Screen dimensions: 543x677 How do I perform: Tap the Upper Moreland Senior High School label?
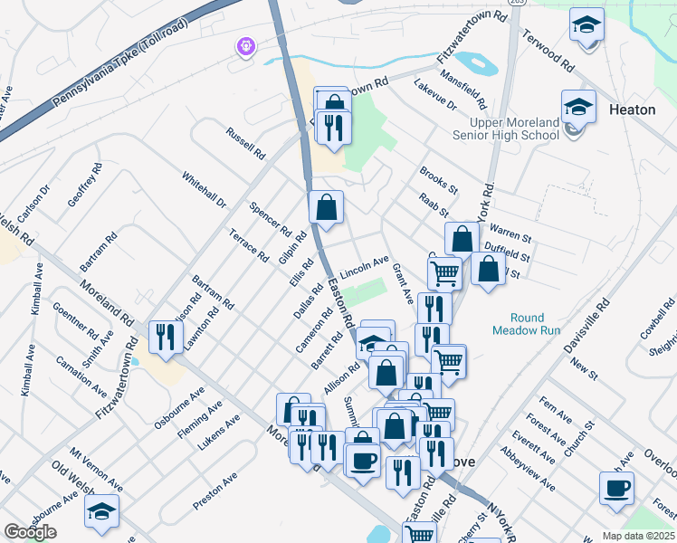click(514, 129)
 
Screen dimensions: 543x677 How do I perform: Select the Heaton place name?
click(634, 110)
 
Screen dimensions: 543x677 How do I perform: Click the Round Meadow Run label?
click(526, 324)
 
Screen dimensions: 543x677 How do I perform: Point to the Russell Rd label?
click(245, 141)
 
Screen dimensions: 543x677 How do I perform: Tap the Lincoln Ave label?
click(364, 267)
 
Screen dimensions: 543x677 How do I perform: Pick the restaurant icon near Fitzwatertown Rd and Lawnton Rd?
click(165, 337)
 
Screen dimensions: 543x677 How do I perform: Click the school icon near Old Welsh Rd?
click(102, 511)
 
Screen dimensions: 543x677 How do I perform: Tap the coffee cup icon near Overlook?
click(616, 489)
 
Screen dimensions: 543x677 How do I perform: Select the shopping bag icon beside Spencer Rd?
click(326, 206)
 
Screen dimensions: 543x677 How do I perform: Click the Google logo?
click(30, 532)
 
